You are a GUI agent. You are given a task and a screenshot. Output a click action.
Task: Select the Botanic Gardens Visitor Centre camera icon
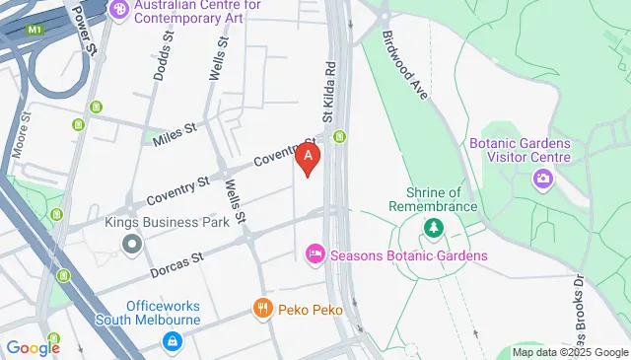(541, 179)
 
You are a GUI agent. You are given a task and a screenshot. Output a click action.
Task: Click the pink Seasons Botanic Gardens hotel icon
(315, 255)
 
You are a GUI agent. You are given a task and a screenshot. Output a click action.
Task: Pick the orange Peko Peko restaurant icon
(261, 308)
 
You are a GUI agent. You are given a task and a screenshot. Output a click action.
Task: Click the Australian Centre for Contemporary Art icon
(120, 10)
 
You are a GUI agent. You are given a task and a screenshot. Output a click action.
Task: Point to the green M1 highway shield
(36, 30)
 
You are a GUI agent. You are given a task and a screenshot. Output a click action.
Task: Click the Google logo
(33, 347)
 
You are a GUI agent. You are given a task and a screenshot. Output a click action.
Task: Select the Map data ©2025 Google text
(571, 352)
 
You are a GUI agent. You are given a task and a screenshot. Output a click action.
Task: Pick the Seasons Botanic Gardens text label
(409, 256)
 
